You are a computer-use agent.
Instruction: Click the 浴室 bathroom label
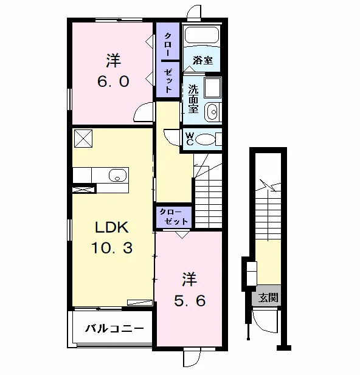point(202,60)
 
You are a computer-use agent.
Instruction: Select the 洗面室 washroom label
point(193,99)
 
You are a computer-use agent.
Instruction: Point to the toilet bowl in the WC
point(206,139)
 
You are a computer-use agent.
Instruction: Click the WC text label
point(190,139)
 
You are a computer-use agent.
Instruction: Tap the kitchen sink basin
point(117,176)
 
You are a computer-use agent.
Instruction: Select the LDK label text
point(112,227)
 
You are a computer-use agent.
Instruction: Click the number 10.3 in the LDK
point(112,247)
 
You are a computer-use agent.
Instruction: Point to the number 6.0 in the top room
point(113,81)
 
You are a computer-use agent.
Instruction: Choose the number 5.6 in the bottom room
point(190,301)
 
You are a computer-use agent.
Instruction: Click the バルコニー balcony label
point(115,329)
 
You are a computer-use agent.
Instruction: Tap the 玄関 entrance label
point(268,298)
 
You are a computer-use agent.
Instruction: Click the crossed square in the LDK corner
point(83,139)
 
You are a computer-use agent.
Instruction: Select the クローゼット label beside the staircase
point(174,217)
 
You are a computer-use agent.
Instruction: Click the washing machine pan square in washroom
point(213,88)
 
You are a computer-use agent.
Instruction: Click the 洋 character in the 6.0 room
point(114,61)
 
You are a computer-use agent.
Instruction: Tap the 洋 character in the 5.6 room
point(190,280)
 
